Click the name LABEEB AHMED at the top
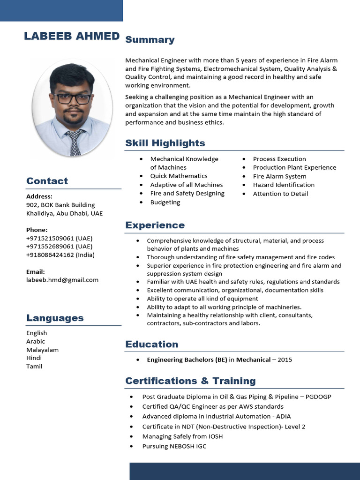[x=72, y=37]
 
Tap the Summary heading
[x=150, y=40]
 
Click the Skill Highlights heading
[x=165, y=143]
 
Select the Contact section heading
[x=47, y=181]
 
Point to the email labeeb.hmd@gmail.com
[x=62, y=280]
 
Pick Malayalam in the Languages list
[x=42, y=350]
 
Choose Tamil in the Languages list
[x=34, y=366]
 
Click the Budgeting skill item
[x=165, y=202]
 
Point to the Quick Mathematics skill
[x=179, y=176]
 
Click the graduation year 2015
[x=285, y=360]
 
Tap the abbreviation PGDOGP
[x=318, y=397]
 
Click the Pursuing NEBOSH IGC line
[x=174, y=446]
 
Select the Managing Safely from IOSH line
[x=182, y=436]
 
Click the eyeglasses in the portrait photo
[x=72, y=98]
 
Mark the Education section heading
[x=151, y=344]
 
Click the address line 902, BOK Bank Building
[x=60, y=205]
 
